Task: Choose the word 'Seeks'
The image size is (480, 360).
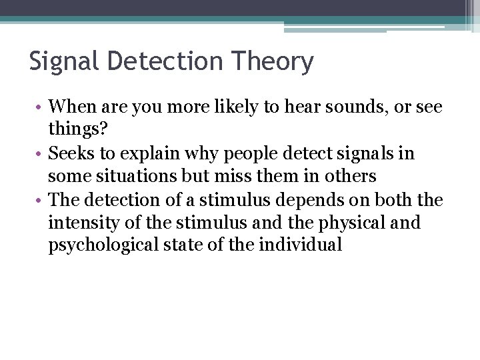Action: pos(70,154)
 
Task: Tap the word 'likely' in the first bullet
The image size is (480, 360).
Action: pos(219,107)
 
